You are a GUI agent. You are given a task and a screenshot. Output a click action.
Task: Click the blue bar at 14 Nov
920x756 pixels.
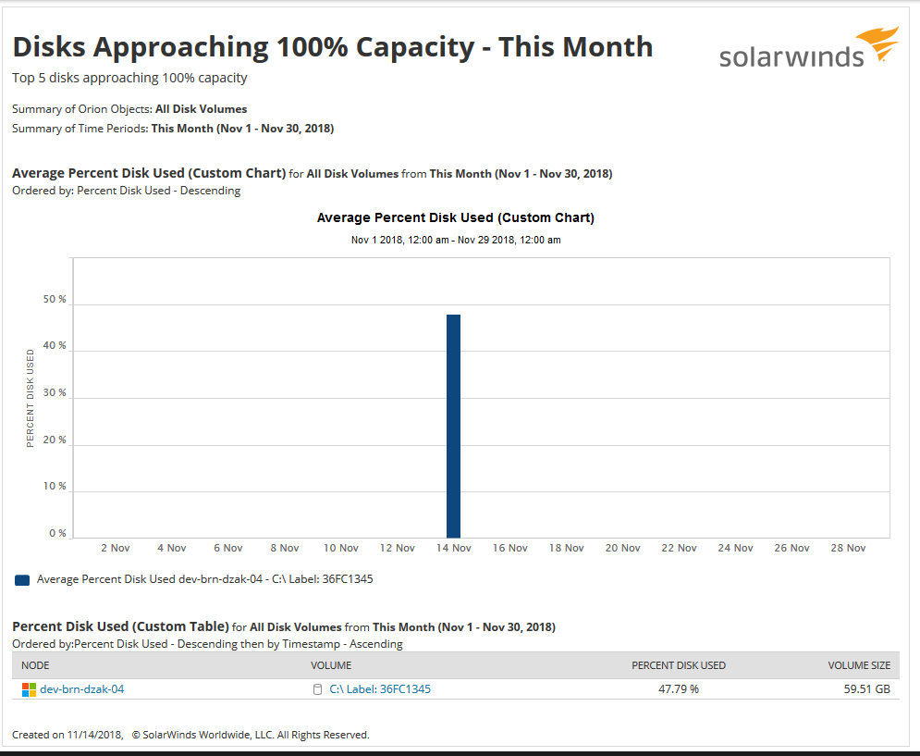(453, 426)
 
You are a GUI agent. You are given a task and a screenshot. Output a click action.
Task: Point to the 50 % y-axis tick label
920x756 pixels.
(55, 300)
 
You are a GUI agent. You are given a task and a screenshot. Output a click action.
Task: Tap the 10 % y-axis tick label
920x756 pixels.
(55, 486)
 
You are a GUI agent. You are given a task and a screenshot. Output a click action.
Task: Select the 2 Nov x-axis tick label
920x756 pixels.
(115, 548)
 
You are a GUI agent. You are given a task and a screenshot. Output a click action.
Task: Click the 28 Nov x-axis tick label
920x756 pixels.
(850, 548)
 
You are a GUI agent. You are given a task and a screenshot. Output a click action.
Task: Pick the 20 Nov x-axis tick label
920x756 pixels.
(623, 548)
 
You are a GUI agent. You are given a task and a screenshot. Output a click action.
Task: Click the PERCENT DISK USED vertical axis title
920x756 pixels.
(31, 398)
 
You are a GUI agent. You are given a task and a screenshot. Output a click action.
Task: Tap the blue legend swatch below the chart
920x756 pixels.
(22, 580)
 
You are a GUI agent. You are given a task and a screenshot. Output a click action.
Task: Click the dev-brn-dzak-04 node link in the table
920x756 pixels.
(81, 689)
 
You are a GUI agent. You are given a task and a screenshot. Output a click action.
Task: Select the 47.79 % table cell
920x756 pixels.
(679, 689)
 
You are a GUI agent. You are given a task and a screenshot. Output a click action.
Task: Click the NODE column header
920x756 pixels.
(35, 665)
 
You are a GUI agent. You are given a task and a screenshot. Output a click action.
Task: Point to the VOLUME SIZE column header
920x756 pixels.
(859, 665)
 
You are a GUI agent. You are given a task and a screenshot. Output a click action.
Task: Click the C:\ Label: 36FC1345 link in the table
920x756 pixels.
(380, 689)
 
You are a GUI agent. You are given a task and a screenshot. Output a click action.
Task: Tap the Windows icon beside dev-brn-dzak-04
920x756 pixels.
(29, 689)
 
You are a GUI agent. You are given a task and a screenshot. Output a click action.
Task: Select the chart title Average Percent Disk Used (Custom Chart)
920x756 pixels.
(455, 218)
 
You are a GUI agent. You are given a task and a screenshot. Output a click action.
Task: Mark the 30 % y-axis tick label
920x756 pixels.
(55, 392)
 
